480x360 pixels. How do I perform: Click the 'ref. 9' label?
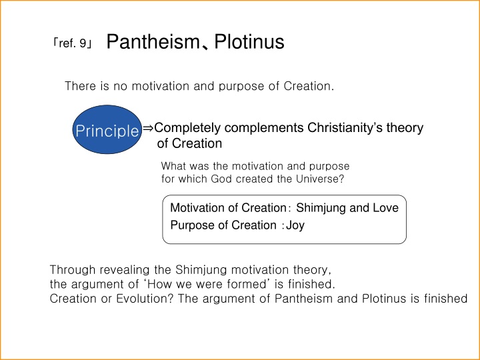71,45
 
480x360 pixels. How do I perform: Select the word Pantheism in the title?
153,43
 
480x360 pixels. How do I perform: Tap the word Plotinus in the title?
249,43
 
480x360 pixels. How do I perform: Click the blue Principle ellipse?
107,130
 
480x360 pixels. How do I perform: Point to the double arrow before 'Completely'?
149,127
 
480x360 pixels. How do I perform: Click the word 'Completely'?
185,128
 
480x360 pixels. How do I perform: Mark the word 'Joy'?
295,225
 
